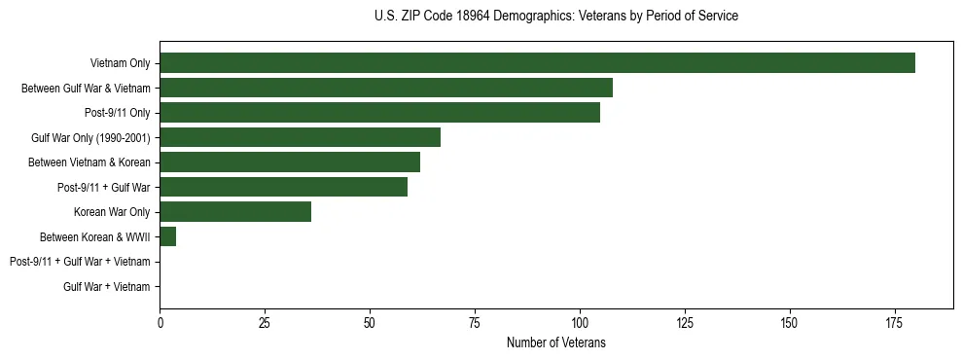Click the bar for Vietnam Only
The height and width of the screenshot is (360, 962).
pyautogui.click(x=537, y=63)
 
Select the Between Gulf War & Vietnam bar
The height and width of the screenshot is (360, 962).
pyautogui.click(x=386, y=88)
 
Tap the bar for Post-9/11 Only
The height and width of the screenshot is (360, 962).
pyautogui.click(x=379, y=113)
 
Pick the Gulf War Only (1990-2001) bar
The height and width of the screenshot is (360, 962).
pyautogui.click(x=300, y=137)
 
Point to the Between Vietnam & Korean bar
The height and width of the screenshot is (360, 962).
pyautogui.click(x=290, y=162)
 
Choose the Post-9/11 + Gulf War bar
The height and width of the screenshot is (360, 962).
pyautogui.click(x=283, y=187)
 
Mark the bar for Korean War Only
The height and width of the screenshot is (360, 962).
pyautogui.click(x=235, y=212)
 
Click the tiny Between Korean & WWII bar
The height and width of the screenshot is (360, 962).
pyautogui.click(x=168, y=236)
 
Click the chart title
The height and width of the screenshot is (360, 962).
pyautogui.click(x=555, y=17)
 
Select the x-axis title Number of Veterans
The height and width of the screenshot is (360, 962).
pyautogui.click(x=555, y=342)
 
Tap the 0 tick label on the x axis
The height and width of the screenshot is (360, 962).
pyautogui.click(x=160, y=322)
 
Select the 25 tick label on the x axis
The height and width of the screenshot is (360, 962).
pyautogui.click(x=265, y=322)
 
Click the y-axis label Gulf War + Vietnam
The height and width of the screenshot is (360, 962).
pyautogui.click(x=106, y=286)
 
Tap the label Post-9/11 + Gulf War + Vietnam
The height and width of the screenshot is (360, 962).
pyautogui.click(x=80, y=262)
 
